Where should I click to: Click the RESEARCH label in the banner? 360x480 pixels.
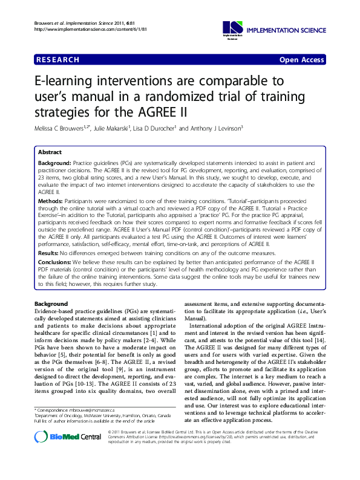click(58, 60)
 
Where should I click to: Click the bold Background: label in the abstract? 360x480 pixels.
click(54, 164)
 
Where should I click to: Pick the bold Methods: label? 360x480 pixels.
click(50, 199)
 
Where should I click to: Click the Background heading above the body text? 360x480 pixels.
click(51, 303)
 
